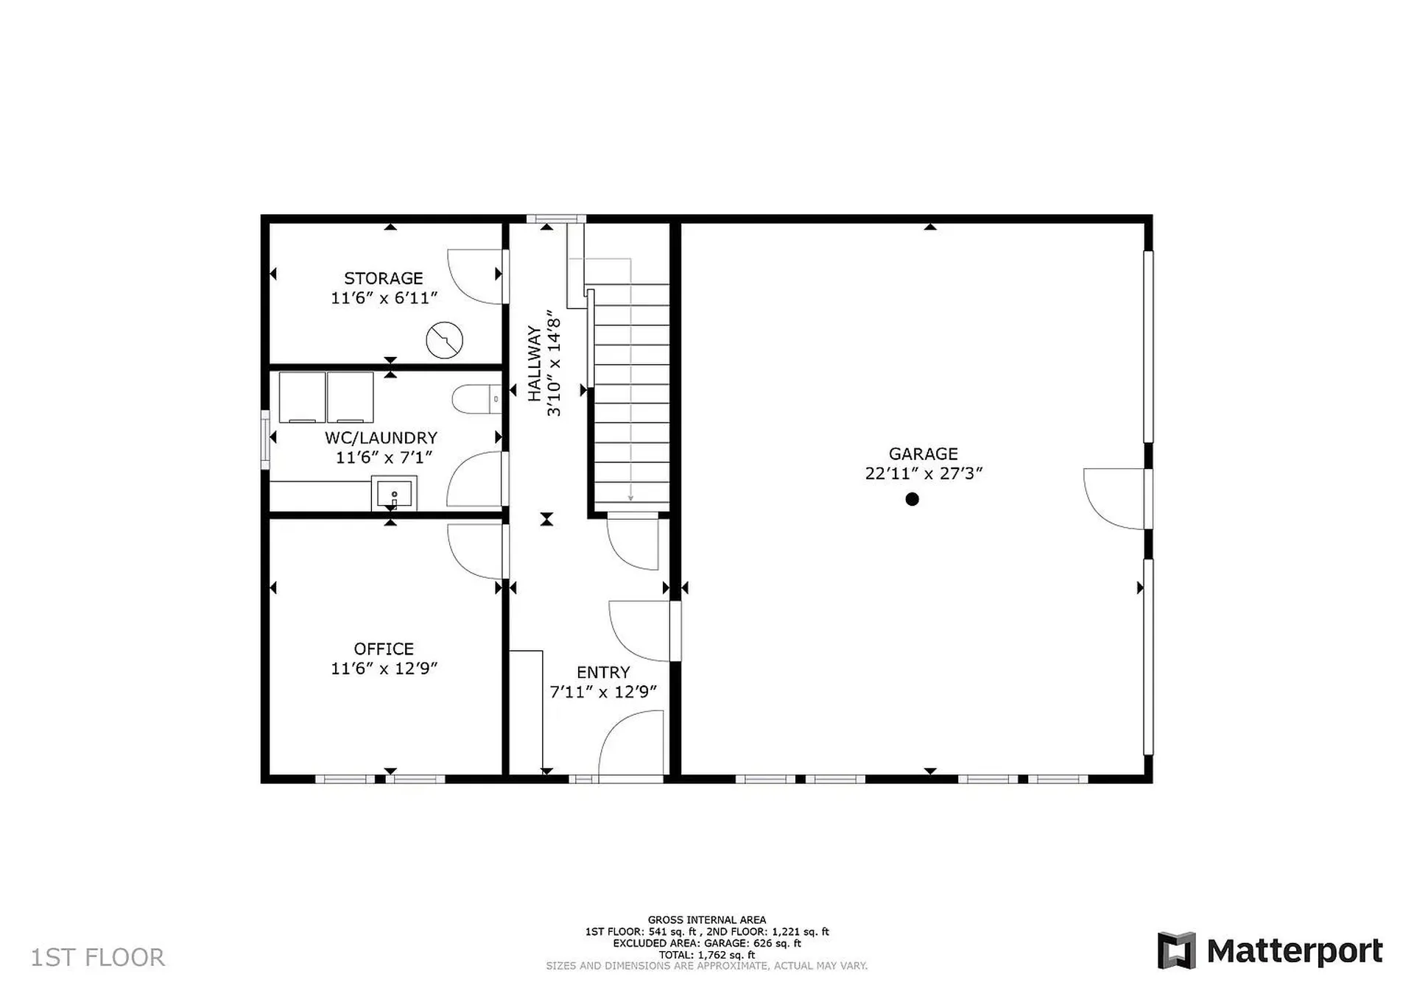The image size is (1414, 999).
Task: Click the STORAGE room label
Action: point(383,278)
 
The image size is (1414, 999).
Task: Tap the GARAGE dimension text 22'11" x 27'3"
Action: point(924,473)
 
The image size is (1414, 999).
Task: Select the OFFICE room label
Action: point(383,649)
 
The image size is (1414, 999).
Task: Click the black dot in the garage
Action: point(912,499)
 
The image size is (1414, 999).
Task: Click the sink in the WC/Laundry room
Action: point(394,493)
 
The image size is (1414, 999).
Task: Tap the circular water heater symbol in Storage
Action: point(444,340)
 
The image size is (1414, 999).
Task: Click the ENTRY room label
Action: point(602,672)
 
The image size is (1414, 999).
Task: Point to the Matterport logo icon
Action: point(1176,950)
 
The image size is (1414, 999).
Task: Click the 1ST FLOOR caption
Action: point(97,957)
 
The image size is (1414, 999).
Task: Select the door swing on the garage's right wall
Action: point(1114,498)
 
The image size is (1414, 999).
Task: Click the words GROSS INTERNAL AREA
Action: point(706,919)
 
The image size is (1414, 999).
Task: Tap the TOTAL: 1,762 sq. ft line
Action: point(706,955)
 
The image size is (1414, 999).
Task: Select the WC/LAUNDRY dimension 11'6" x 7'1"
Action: point(383,457)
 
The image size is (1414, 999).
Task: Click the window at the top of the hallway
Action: point(556,219)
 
